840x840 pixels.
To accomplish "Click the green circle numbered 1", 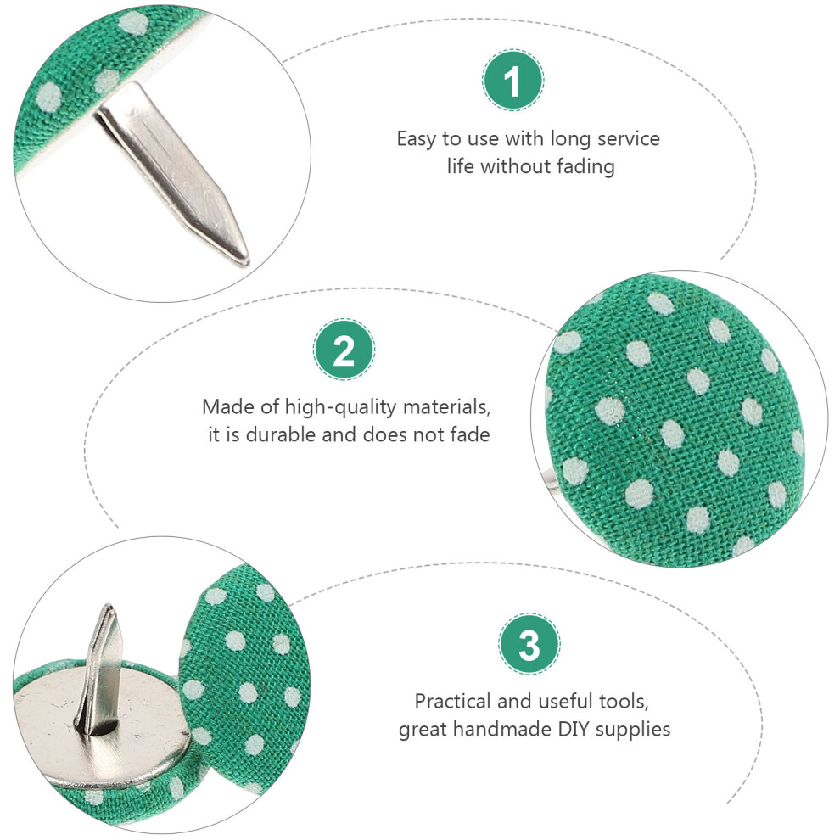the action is click(x=512, y=81).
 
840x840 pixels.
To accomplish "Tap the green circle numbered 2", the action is click(x=344, y=350).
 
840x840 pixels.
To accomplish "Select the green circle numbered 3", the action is click(x=529, y=644).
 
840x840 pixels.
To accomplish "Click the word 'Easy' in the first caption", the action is click(x=417, y=139).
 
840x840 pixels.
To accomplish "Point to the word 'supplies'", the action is click(x=633, y=731).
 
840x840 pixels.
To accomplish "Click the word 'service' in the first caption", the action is click(x=629, y=139).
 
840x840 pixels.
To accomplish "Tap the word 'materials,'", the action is click(x=447, y=407).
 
